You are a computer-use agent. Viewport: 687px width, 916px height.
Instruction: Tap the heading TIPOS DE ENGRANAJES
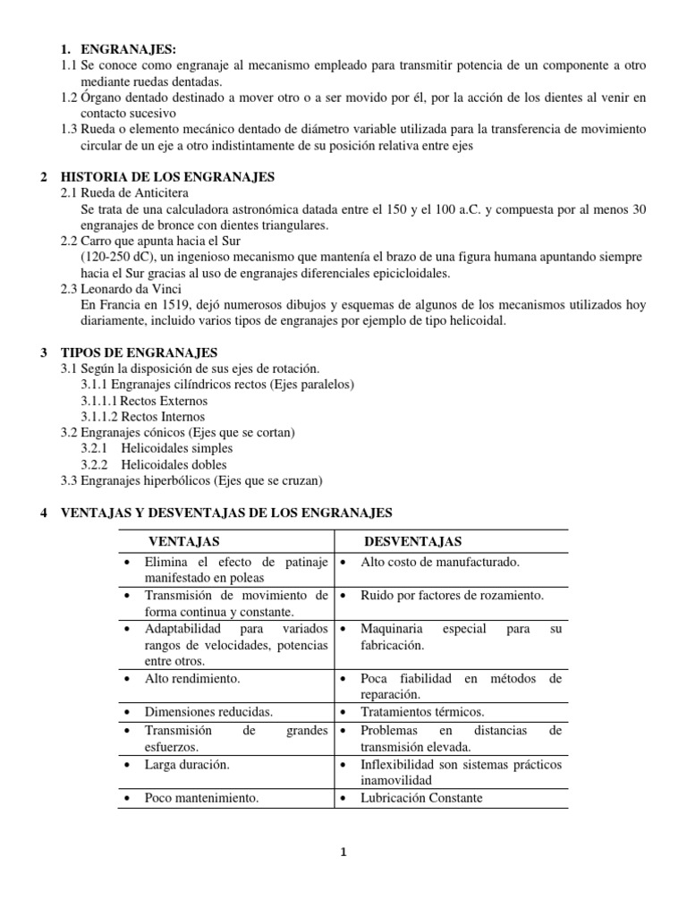tap(143, 353)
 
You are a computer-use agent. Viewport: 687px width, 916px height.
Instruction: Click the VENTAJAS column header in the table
tap(183, 541)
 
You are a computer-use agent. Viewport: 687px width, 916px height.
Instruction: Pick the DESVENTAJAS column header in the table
tap(412, 541)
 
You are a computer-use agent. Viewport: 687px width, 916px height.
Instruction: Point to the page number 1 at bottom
tap(343, 852)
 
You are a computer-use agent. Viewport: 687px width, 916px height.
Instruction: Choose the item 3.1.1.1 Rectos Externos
tap(144, 401)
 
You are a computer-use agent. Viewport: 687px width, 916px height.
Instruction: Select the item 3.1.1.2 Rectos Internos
tap(143, 417)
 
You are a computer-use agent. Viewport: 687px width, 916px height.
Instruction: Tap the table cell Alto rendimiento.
tap(189, 679)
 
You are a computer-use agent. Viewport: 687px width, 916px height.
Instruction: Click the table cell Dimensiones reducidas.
tap(208, 712)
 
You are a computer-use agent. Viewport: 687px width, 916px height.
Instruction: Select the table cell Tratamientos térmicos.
tap(422, 712)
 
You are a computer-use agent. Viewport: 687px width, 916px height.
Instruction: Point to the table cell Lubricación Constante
tap(421, 798)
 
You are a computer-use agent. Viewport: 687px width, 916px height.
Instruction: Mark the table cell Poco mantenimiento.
tap(201, 798)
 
